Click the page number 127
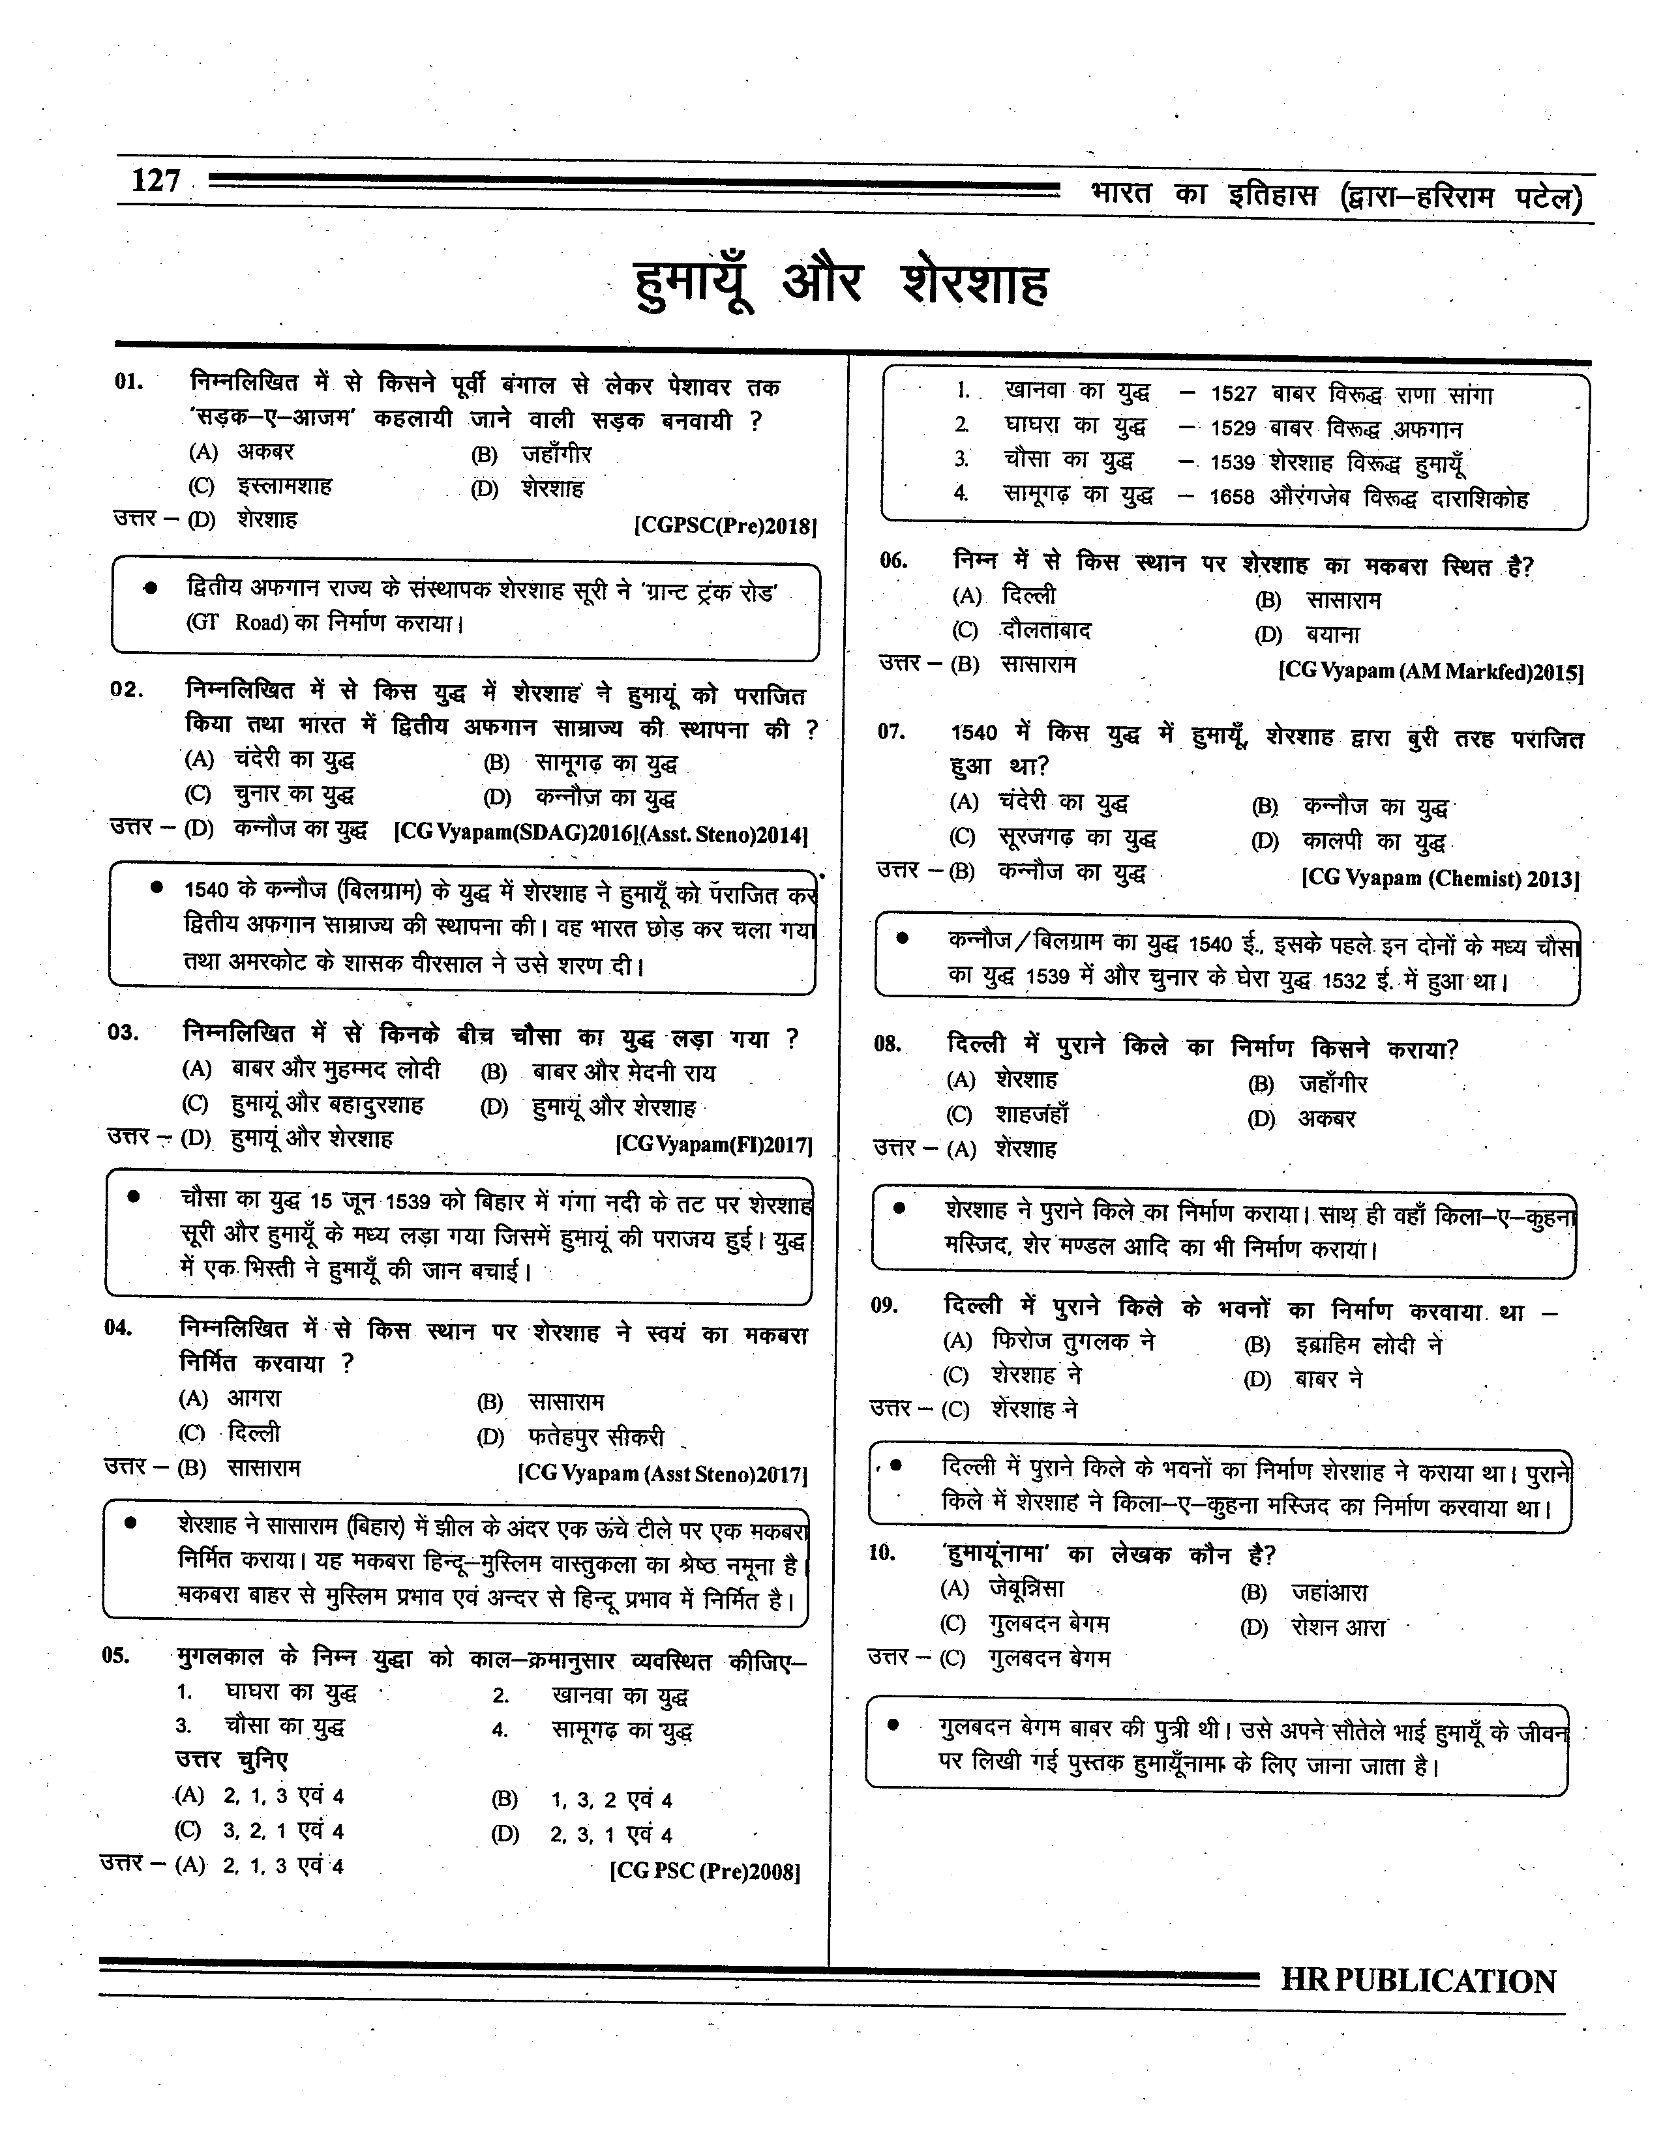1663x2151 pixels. [156, 181]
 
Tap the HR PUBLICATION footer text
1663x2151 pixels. [1418, 1982]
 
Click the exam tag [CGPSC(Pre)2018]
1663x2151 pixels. [725, 526]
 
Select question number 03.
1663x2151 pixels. [123, 1032]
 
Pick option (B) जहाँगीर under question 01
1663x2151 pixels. [532, 455]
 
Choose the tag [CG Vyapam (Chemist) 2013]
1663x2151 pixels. [1441, 879]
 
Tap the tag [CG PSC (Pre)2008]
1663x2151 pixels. [704, 1870]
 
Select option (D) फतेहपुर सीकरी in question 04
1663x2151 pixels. [571, 1437]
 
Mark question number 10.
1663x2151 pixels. [882, 1553]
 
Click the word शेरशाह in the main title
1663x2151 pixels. [976, 284]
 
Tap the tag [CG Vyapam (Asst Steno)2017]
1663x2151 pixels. [662, 1474]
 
